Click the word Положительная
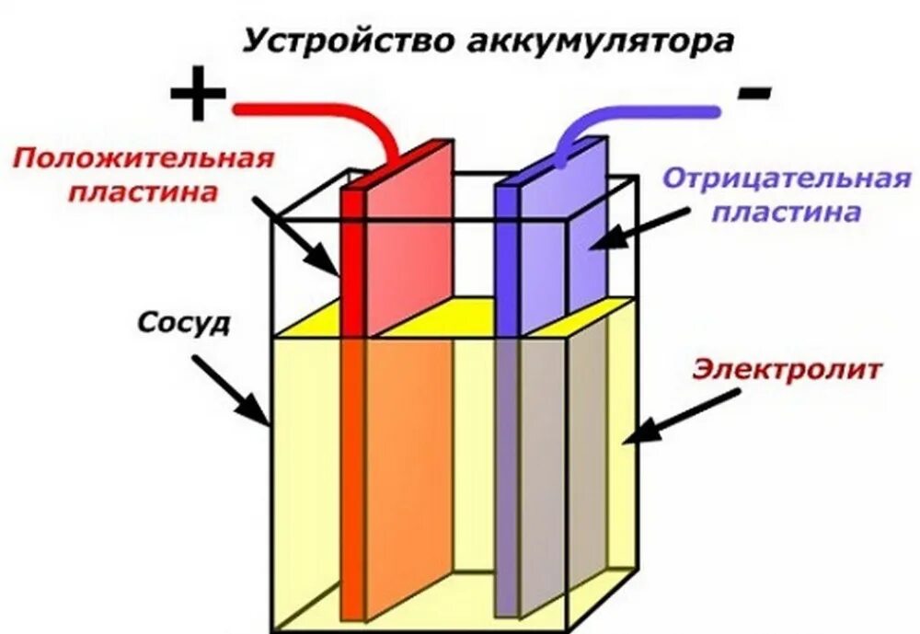144,158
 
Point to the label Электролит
788,370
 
